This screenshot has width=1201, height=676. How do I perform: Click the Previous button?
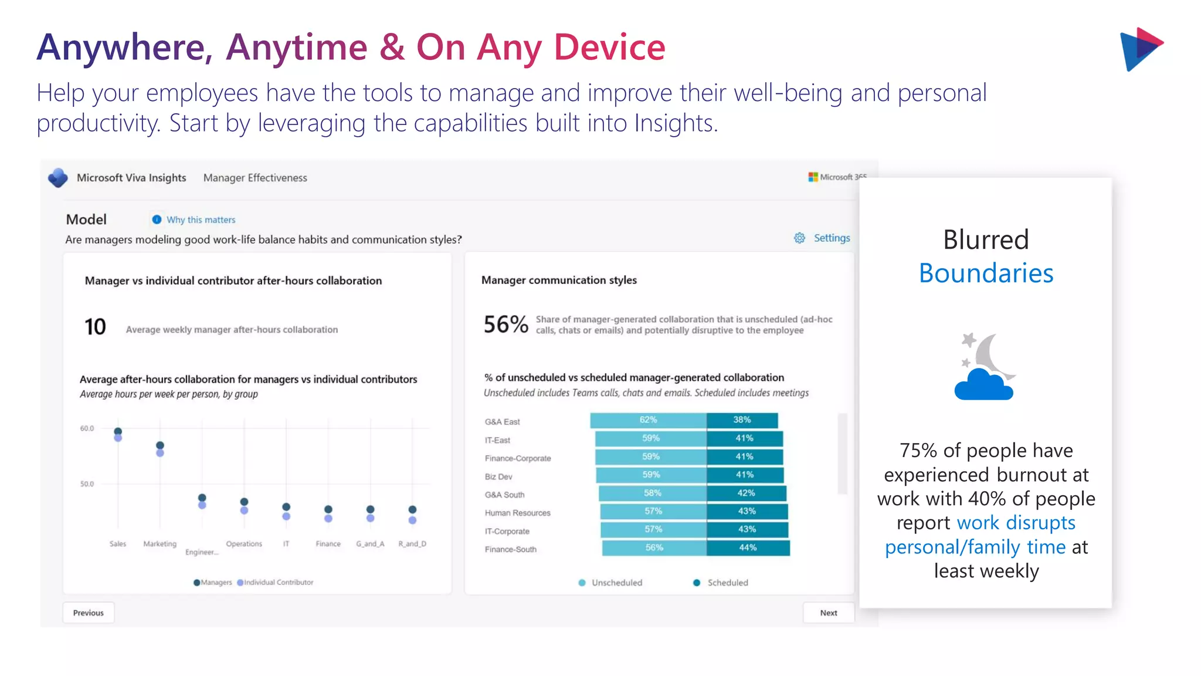[88, 613]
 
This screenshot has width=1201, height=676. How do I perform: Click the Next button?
[828, 613]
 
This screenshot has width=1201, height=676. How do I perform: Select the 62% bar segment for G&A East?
[648, 420]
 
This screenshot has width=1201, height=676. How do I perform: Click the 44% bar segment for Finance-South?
[748, 547]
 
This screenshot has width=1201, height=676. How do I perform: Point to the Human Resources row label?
[517, 513]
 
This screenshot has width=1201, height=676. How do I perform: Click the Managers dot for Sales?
[118, 431]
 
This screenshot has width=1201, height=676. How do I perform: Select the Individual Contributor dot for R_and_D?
[412, 520]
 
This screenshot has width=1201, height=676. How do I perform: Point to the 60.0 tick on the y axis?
[87, 428]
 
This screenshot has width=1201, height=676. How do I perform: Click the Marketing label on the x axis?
[160, 544]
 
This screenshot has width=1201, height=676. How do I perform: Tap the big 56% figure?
[505, 325]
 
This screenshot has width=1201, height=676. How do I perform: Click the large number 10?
[95, 327]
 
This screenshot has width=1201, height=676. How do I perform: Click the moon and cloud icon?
[985, 367]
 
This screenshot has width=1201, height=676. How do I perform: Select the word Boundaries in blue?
[986, 273]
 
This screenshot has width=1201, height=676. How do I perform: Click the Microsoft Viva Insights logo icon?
[58, 178]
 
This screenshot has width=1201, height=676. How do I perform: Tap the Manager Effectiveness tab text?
[255, 178]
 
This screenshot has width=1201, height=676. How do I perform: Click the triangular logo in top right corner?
[1141, 49]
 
